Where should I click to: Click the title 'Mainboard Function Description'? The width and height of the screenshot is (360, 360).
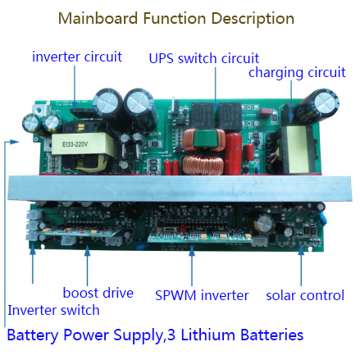point(176,19)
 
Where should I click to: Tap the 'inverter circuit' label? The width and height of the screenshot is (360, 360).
point(77,57)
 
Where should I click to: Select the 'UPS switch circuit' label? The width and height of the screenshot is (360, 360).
point(203,58)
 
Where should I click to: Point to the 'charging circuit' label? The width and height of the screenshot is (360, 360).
point(297,73)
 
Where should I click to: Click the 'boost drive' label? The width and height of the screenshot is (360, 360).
point(98,293)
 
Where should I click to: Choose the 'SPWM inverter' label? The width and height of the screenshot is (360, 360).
point(202,295)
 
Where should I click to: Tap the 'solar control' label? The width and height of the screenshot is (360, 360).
point(305,295)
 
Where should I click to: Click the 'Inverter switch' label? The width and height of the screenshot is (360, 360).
point(53,310)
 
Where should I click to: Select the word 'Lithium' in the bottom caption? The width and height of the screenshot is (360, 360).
point(204,335)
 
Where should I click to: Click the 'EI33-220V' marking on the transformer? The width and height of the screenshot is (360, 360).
point(75,144)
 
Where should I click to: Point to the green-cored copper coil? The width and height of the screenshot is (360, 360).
point(204,140)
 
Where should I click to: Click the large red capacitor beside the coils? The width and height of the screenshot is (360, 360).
point(233,153)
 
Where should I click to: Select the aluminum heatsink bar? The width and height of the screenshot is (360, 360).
point(180,188)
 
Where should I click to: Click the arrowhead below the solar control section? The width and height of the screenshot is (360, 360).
point(301,250)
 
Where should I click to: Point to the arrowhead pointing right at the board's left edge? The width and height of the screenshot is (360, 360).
point(14,142)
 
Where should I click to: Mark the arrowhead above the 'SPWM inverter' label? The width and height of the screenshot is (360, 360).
point(192,251)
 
